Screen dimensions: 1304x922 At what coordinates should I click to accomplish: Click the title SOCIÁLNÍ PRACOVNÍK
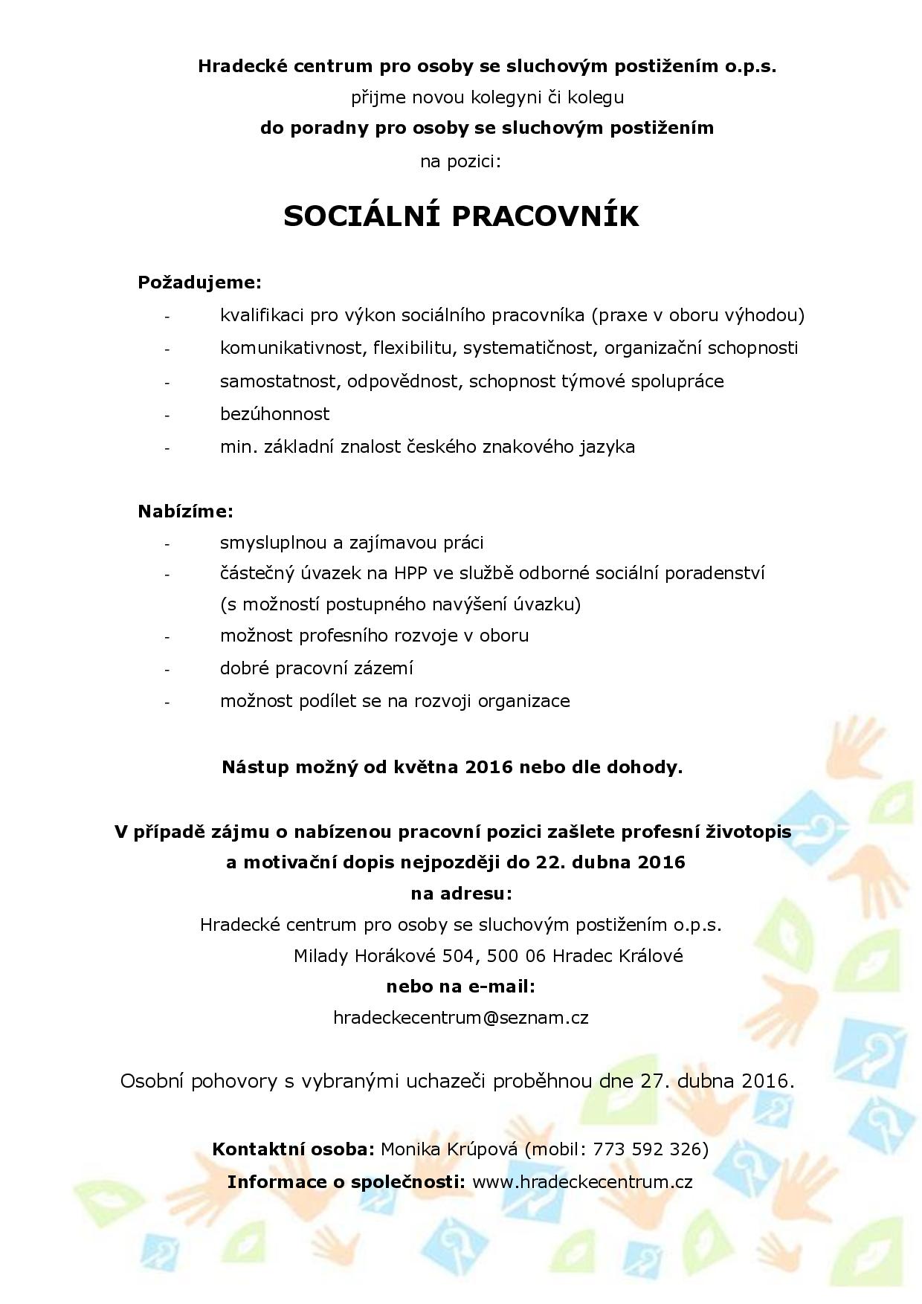(461, 216)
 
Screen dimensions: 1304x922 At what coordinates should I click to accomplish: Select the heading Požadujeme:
(199, 283)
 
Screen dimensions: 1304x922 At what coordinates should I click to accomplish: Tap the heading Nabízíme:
(185, 511)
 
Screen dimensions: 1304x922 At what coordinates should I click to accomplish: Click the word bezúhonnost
(274, 414)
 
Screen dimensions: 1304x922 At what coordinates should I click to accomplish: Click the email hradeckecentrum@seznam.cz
(461, 1018)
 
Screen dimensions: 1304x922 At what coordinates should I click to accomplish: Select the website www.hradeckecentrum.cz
(582, 1181)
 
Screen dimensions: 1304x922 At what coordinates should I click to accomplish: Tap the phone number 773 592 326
(642, 1149)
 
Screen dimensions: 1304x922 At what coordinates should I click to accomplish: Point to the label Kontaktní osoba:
(294, 1149)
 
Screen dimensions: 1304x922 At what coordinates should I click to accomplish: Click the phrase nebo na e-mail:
(460, 987)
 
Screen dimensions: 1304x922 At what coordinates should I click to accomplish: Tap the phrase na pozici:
(460, 161)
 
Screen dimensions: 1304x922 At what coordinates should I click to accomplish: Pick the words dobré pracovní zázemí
(316, 668)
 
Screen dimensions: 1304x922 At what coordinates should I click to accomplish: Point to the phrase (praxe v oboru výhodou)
(698, 316)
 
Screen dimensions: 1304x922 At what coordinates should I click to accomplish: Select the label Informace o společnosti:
(346, 1181)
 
